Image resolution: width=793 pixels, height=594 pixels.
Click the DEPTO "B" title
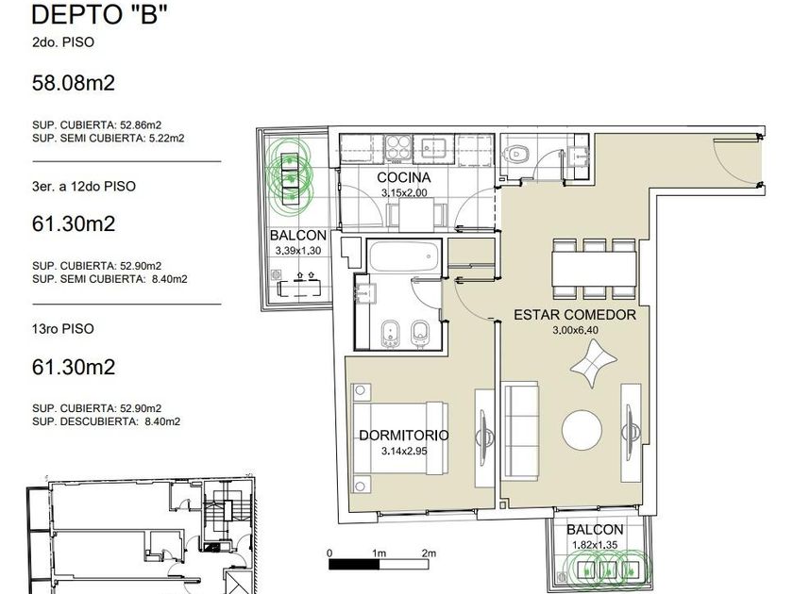(99, 14)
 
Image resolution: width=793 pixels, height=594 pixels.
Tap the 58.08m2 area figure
(74, 83)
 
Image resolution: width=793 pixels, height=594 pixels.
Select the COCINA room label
(404, 177)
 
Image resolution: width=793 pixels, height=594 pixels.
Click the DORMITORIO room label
(404, 435)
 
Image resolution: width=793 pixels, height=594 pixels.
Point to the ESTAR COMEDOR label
(575, 315)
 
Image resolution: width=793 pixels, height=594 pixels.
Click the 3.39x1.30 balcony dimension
(298, 251)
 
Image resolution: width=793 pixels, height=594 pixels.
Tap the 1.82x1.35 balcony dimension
(594, 545)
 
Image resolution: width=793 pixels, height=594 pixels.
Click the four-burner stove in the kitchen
(398, 149)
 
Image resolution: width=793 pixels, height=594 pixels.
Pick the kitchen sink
(433, 149)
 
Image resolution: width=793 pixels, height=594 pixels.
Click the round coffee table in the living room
(582, 430)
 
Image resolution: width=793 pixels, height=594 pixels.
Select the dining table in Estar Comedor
(594, 268)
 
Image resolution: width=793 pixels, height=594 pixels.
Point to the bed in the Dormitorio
(399, 437)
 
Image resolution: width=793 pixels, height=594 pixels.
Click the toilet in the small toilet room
(515, 153)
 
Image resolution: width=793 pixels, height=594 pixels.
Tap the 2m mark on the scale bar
(429, 553)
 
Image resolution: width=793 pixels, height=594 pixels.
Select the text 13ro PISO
(62, 329)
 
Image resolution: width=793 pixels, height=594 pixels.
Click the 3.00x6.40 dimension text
(575, 330)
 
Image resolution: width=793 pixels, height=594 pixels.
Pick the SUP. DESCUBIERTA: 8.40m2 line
(106, 421)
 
